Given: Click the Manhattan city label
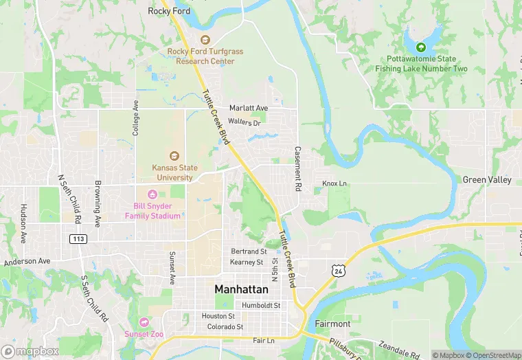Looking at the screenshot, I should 241,289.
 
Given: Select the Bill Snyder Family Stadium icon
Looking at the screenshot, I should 152,194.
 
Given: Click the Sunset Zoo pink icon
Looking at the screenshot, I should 144,322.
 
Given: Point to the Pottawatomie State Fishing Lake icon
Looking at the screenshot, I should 421,47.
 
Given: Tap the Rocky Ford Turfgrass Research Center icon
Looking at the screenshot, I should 205,40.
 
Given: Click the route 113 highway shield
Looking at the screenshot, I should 77,238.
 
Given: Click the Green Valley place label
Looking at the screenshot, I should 487,180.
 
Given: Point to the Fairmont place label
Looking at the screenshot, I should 332,323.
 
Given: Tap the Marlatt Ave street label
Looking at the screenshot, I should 249,109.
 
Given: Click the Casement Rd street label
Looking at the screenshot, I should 298,168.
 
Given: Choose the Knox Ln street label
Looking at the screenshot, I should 334,183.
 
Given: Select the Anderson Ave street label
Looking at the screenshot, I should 27,262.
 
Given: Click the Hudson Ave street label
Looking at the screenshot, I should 23,223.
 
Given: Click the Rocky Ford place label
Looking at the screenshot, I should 169,11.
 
